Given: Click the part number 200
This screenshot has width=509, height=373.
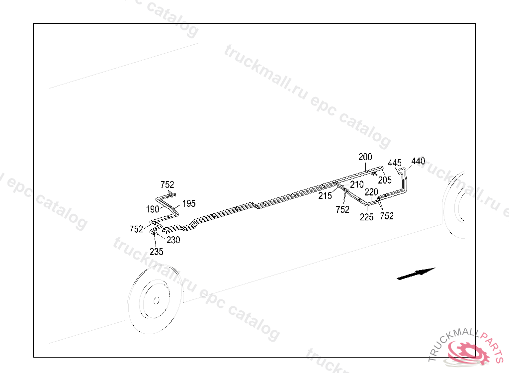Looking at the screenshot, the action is [365, 157].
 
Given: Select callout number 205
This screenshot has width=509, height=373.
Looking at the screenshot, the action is [385, 180].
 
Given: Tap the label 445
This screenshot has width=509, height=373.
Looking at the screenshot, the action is [395, 163].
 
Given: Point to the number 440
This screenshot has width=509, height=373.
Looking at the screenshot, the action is [418, 161].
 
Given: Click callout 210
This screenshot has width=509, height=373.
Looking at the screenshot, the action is [356, 185].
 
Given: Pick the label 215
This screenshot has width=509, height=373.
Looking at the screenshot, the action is [325, 196].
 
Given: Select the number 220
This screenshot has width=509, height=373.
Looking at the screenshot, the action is [372, 192].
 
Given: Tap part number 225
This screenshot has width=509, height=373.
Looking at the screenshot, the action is [367, 217].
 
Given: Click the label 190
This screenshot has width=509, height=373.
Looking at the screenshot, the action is [153, 209].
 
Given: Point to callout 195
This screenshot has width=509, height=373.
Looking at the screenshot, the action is [189, 203].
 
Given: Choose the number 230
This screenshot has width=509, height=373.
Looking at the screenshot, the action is [173, 240].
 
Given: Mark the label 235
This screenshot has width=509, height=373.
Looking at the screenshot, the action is [156, 252].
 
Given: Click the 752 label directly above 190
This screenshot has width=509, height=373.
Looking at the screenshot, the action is [168, 186].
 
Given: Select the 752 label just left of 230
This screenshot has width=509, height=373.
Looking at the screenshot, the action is [136, 229].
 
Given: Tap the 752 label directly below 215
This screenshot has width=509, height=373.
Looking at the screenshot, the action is [342, 210].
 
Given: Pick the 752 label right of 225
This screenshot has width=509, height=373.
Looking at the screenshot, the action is [386, 216].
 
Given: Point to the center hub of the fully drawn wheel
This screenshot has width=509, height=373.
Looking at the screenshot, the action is [156, 300].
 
